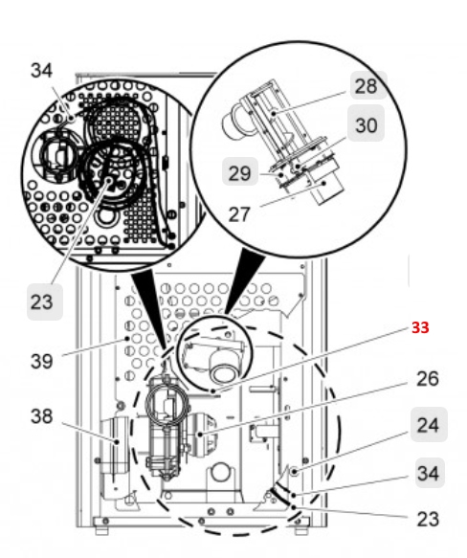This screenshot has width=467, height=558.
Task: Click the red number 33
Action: point(420,327)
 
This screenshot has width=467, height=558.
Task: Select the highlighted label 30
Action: point(366,123)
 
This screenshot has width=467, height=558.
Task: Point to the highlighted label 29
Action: point(240,172)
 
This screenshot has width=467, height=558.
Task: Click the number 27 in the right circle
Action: point(239,214)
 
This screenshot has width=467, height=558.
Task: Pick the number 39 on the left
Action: point(42,362)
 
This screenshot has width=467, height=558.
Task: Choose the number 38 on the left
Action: point(42,415)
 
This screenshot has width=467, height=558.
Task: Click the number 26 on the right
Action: point(428,378)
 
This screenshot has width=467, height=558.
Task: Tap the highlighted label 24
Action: point(429,425)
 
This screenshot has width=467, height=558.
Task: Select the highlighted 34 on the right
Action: point(430,474)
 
